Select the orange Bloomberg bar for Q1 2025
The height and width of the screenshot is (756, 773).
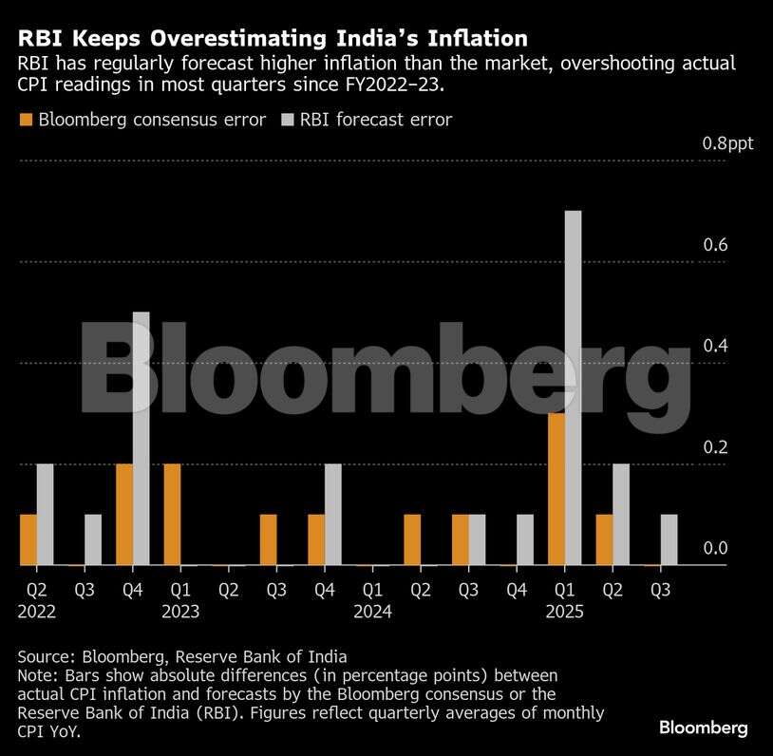point(556,489)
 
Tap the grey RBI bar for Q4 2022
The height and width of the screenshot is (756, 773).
point(141,439)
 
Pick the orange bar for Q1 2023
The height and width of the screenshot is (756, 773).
point(172,515)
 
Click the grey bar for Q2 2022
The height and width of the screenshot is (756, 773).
point(45,515)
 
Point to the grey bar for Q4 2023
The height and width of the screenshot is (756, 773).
point(332,515)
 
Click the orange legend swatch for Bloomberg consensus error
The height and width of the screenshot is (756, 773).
point(26,120)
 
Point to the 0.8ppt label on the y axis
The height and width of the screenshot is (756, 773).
point(726,144)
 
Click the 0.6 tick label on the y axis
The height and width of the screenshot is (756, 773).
point(715,245)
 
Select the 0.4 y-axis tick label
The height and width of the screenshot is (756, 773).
point(715,346)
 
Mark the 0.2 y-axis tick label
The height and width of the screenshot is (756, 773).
point(715,447)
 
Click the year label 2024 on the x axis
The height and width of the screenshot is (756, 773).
point(372,613)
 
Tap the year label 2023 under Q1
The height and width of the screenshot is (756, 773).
point(180,613)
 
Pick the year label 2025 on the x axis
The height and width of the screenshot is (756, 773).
point(564,613)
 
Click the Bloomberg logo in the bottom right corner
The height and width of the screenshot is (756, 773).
point(704,728)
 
